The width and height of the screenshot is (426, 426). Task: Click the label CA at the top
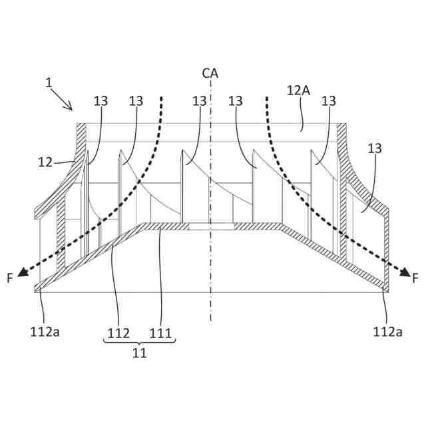(210, 74)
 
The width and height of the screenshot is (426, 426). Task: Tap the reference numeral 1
(49, 83)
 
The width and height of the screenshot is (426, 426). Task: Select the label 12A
(298, 90)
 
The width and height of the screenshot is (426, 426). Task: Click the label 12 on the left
(45, 162)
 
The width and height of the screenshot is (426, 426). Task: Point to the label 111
(161, 332)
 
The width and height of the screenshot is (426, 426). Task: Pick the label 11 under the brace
(139, 353)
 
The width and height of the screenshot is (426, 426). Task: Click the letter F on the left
(10, 278)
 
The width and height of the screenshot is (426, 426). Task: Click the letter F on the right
(415, 278)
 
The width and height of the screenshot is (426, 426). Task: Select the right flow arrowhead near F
(403, 271)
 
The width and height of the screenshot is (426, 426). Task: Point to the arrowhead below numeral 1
(69, 106)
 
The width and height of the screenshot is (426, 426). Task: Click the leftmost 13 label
(101, 101)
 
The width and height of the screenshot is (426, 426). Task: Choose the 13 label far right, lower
(375, 148)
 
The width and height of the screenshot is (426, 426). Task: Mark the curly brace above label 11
(139, 341)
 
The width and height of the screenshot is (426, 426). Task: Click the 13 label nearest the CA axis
(200, 101)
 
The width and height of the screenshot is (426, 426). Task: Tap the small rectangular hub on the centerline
(210, 226)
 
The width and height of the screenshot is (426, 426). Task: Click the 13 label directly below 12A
(329, 101)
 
